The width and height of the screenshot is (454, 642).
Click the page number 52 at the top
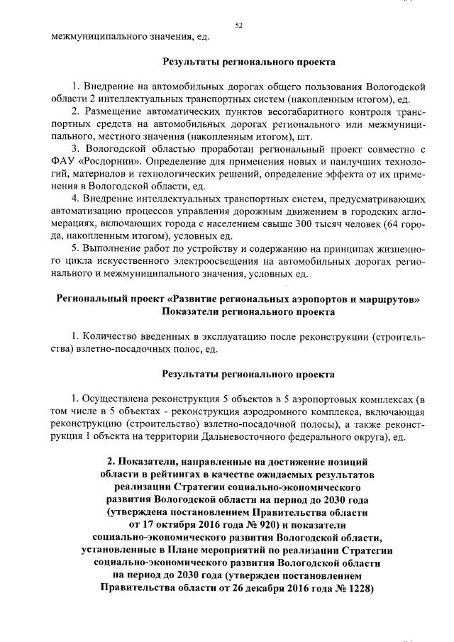click(x=239, y=26)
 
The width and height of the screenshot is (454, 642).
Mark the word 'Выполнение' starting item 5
click(x=112, y=248)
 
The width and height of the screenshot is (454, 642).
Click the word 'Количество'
click(x=110, y=336)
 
